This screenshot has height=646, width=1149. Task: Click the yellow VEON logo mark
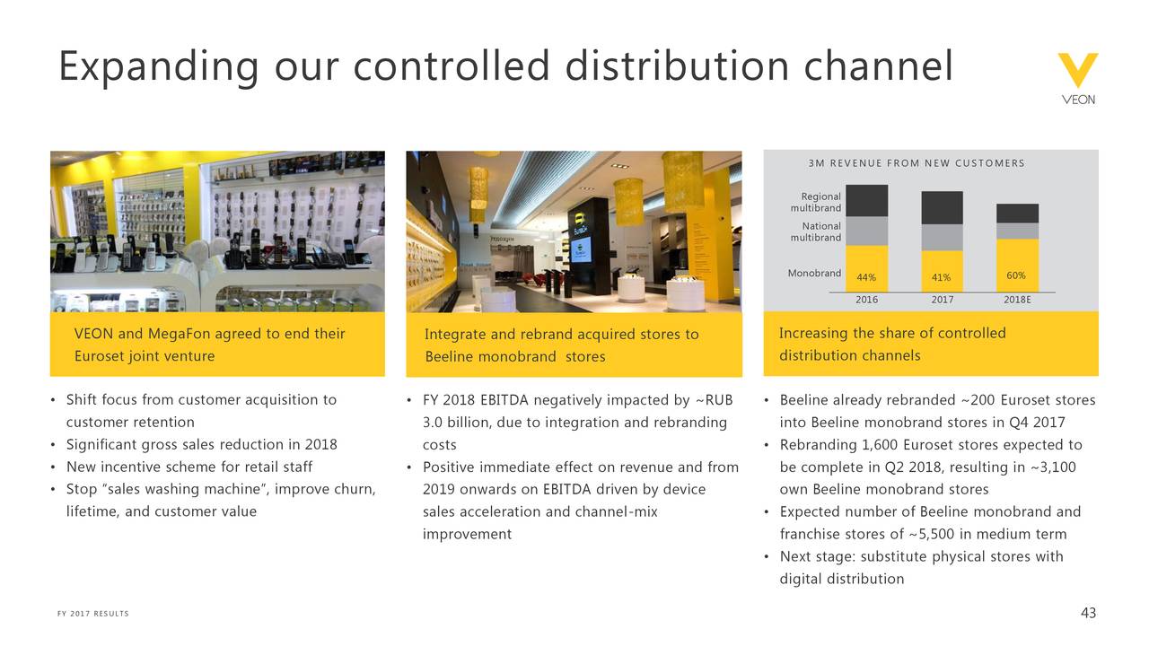click(1078, 69)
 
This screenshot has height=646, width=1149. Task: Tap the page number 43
click(1088, 613)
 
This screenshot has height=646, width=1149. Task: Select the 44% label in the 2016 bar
click(866, 277)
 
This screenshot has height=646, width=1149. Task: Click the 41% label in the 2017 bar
click(942, 277)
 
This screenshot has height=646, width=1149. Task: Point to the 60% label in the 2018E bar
click(1016, 275)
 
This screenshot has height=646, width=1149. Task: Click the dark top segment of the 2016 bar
click(867, 200)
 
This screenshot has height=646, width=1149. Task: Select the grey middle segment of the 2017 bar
click(943, 238)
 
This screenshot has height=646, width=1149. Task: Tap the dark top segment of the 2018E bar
click(1018, 214)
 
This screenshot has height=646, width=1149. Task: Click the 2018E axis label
click(1017, 300)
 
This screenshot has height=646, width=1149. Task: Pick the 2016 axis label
click(866, 300)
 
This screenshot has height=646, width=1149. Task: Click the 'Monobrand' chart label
click(814, 274)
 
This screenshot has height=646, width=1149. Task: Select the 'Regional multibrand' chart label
click(816, 202)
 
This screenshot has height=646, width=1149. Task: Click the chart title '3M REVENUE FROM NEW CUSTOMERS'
click(917, 163)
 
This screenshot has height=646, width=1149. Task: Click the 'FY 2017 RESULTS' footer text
click(92, 614)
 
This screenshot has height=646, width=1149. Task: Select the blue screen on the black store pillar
click(581, 249)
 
